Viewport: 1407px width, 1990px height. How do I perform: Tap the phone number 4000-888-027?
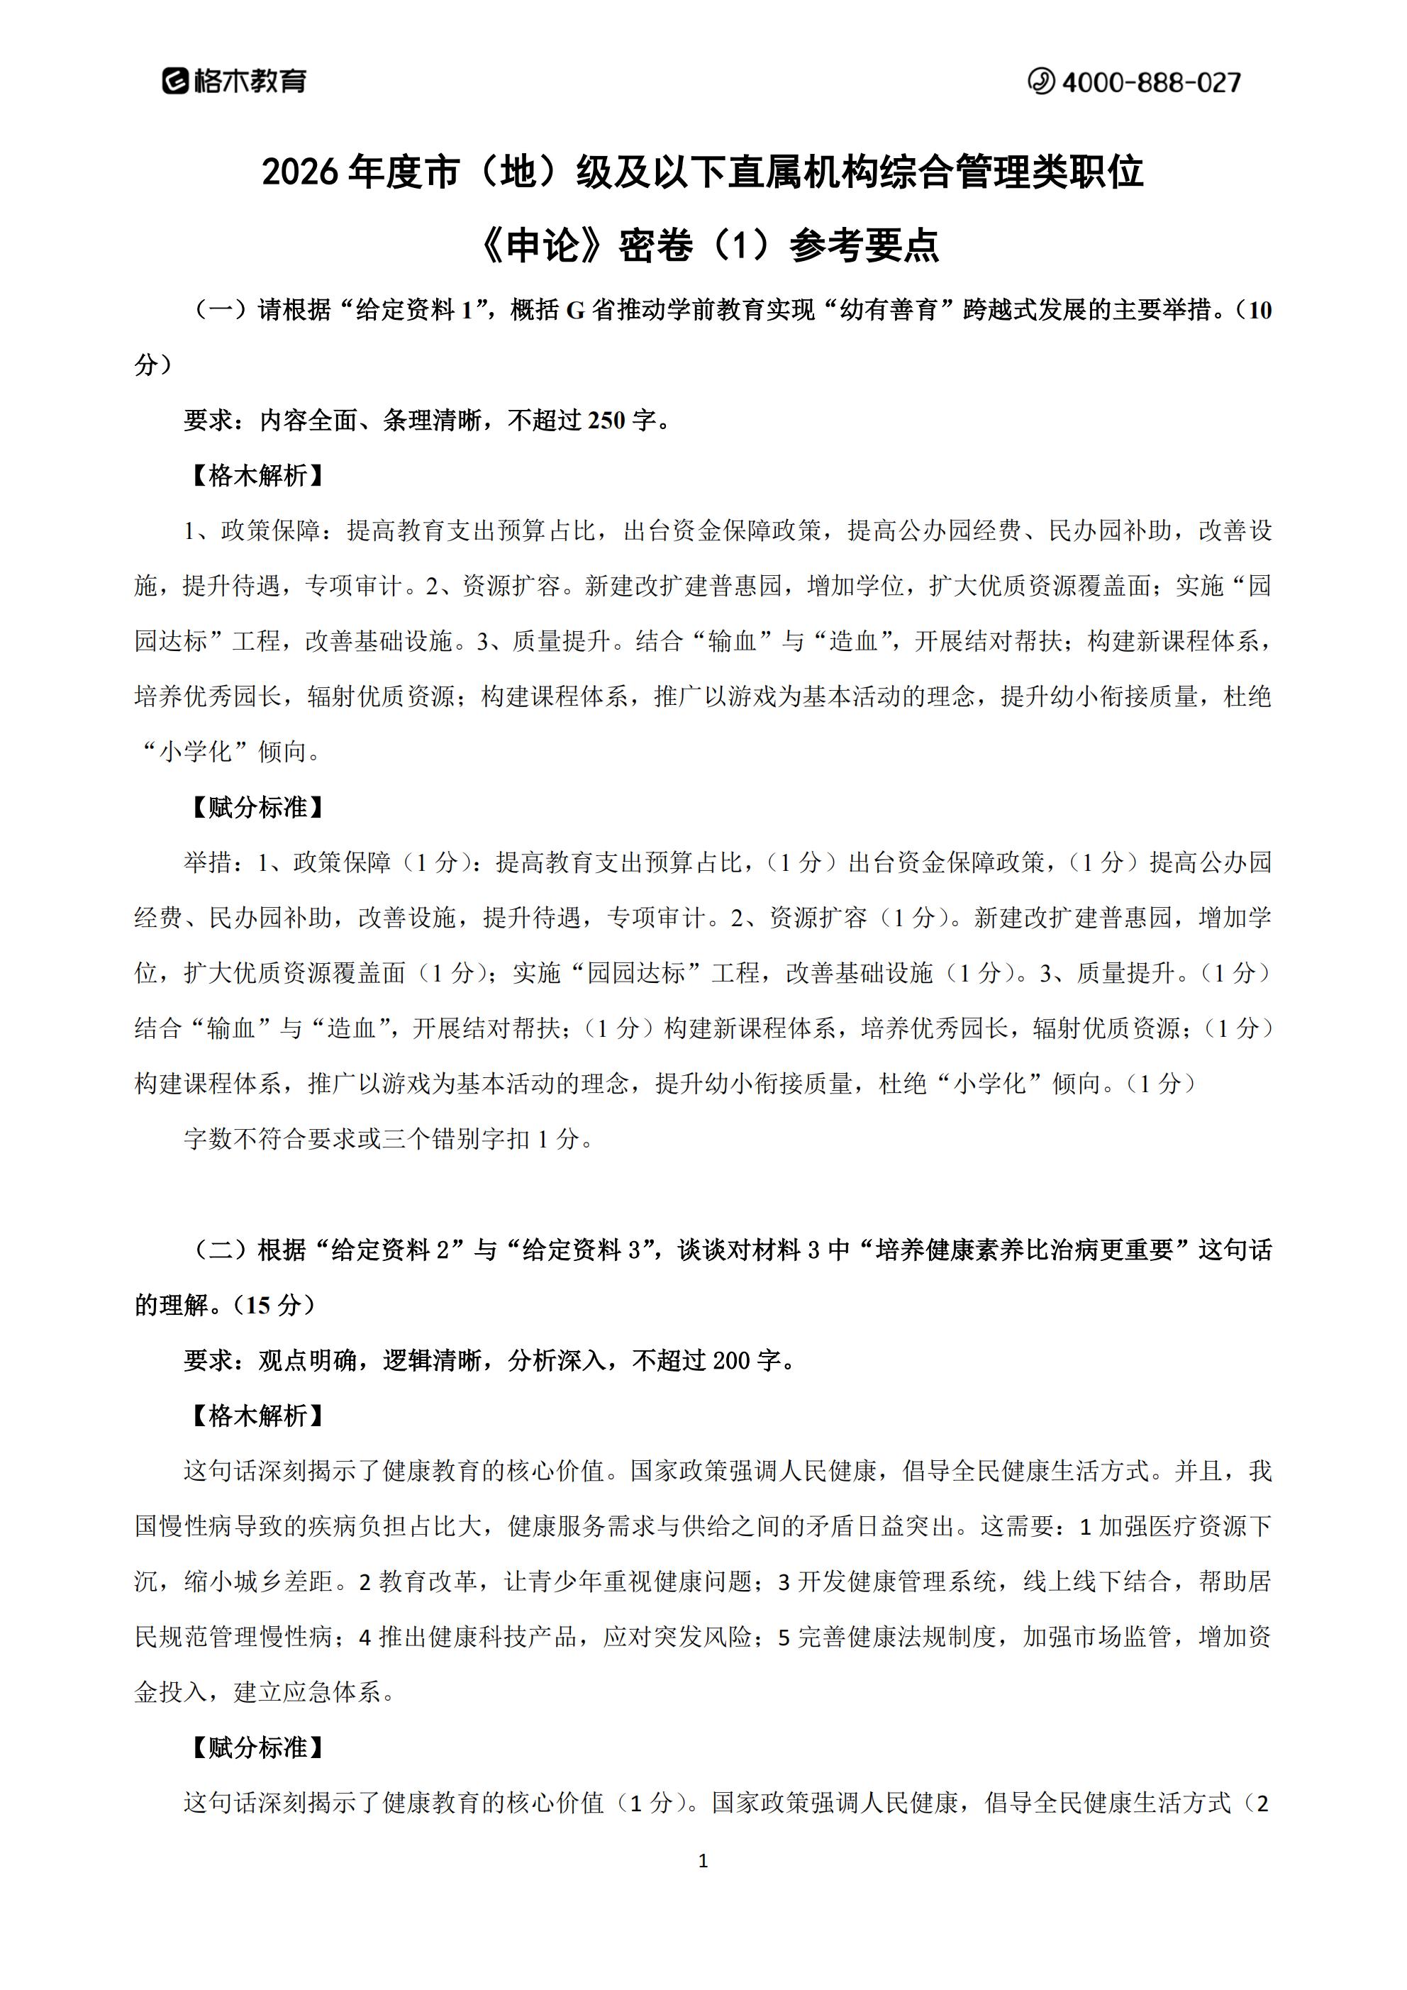tap(1150, 82)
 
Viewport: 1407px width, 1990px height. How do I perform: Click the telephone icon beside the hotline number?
tap(1040, 82)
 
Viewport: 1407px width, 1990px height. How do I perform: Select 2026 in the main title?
tap(299, 172)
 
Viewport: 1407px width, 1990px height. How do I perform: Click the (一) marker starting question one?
tap(221, 311)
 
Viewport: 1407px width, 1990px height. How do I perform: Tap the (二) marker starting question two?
tap(221, 1249)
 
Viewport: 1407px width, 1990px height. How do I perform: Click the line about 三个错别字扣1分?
tap(389, 1138)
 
